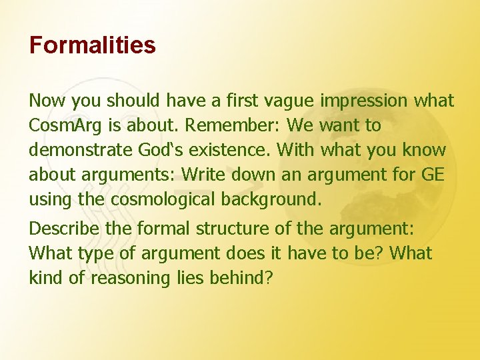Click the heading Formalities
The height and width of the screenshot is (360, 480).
coord(92,45)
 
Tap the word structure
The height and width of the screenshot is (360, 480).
coord(221,229)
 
